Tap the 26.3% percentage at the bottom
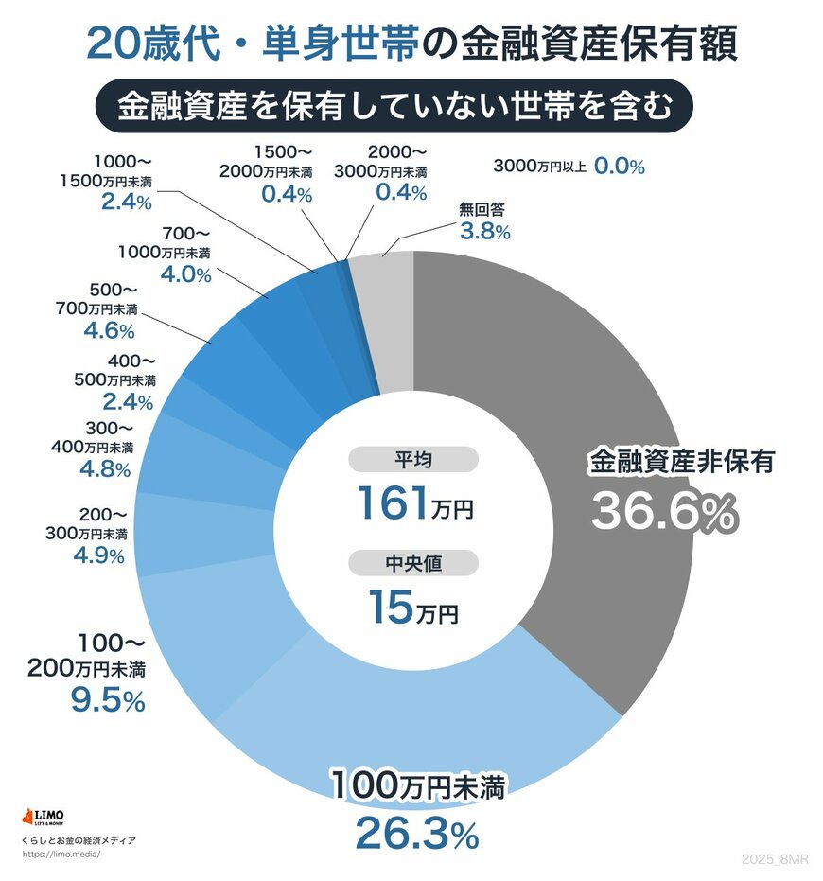pos(415,835)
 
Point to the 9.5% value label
pos(107,700)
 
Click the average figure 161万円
pos(413,502)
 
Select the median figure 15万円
pos(413,607)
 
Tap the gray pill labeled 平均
pos(413,460)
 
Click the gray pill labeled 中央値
pos(413,564)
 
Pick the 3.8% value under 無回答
pos(484,231)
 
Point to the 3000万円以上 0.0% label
pos(569,167)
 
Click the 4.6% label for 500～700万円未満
pos(109,331)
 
